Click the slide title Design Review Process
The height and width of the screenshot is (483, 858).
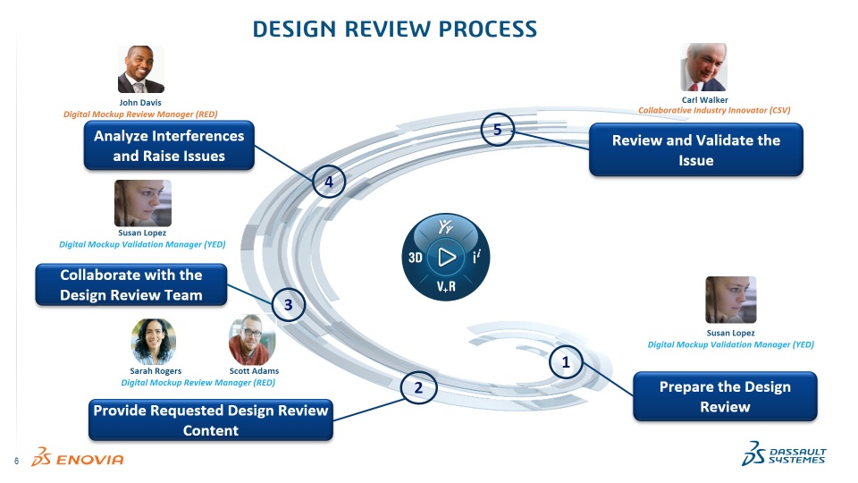pos(395,29)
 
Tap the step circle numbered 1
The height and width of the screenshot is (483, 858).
pos(566,362)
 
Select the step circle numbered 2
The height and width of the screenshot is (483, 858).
pos(417,388)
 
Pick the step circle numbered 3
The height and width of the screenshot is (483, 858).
pos(289,305)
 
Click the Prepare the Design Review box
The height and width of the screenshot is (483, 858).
pos(724,397)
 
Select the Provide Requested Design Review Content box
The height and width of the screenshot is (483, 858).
pos(212,419)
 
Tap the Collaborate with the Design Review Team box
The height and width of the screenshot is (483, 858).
pos(130,284)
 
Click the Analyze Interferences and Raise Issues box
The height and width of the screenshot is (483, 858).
pos(169,146)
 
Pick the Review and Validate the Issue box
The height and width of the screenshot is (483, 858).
pos(695,150)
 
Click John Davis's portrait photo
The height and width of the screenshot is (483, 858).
pos(140,70)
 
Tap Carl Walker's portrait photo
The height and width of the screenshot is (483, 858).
pos(703,67)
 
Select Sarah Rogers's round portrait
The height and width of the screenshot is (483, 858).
pos(154,341)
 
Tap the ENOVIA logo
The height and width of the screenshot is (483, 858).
pos(78,458)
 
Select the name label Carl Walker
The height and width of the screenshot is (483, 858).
pos(704,99)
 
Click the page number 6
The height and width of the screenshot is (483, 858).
pos(16,461)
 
